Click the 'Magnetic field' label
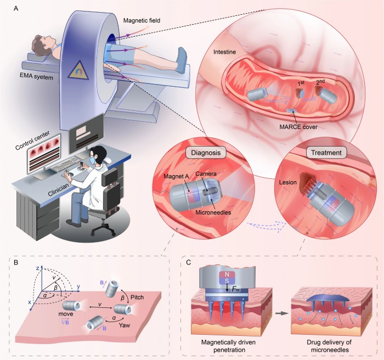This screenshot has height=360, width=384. [x=139, y=20]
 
